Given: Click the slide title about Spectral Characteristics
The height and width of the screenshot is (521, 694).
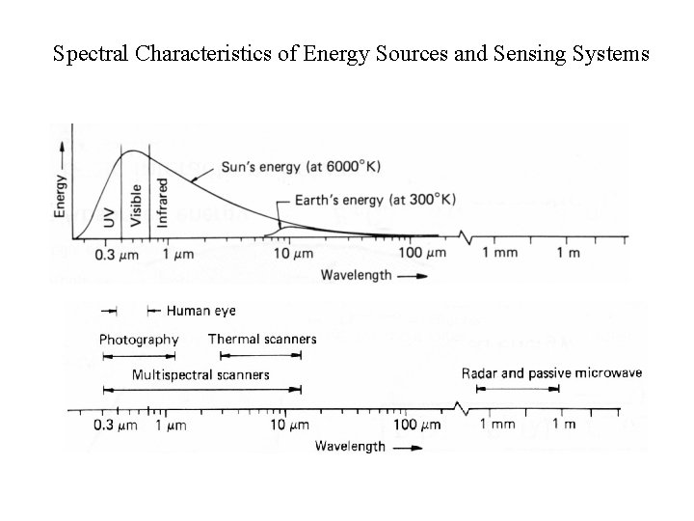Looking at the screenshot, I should [352, 54].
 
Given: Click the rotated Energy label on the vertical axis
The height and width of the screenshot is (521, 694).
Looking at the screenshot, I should [61, 193].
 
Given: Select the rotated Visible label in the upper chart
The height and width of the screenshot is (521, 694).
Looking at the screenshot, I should [136, 206].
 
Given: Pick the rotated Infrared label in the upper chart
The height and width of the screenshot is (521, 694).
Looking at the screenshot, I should [162, 202].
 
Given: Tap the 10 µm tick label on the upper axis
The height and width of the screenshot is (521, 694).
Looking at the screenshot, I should [293, 254].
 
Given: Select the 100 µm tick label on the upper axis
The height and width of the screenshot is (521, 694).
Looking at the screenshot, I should [423, 254].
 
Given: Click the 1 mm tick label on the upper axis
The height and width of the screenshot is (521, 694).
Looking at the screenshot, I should [499, 254].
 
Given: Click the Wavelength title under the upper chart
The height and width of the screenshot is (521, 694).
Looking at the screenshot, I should [358, 275].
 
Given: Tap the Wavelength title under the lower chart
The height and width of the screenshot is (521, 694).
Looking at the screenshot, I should [350, 447].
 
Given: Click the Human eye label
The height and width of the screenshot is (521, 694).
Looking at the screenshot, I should [200, 311].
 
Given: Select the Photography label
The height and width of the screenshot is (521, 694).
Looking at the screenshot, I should [139, 340].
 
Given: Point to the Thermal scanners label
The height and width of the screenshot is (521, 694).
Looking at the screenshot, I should [261, 340].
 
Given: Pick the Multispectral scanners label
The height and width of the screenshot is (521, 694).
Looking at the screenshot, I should [200, 374].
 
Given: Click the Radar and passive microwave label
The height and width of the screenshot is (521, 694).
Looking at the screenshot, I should [551, 373].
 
